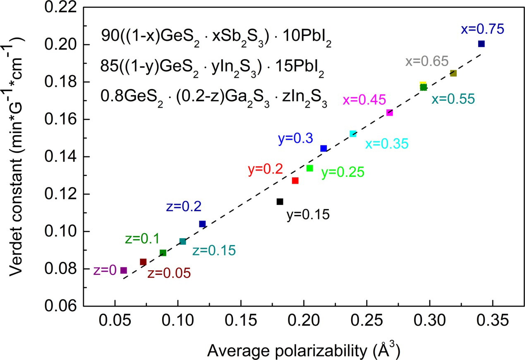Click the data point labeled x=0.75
tap(481, 44)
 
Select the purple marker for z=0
tap(123, 270)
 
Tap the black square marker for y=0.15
tap(280, 202)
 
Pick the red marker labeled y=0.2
tap(295, 181)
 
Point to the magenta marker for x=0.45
tap(389, 112)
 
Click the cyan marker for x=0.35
tap(353, 134)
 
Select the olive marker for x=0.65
tap(453, 74)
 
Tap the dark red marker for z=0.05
tap(143, 262)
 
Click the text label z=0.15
tap(214, 250)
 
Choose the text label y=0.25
tap(343, 172)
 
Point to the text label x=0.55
tap(453, 100)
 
